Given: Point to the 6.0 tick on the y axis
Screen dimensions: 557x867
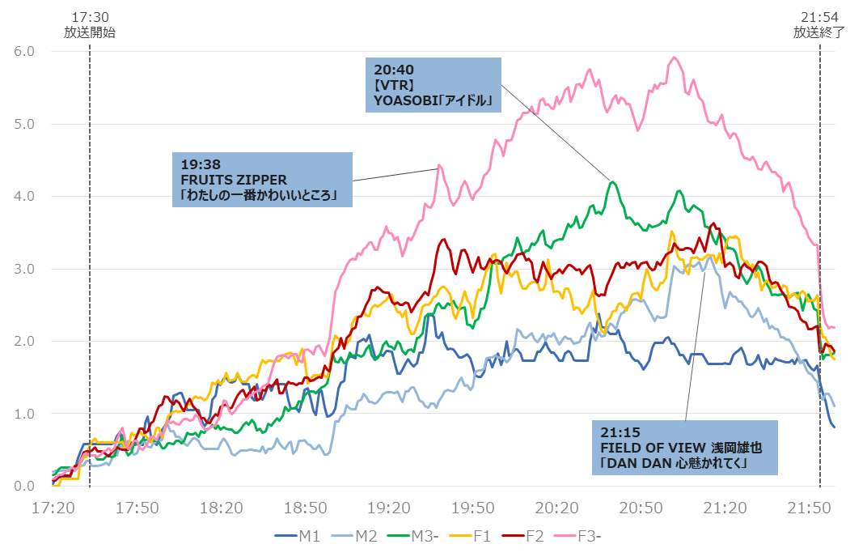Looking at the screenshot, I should [x=24, y=51].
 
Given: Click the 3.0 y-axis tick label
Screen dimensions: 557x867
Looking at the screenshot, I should [x=24, y=269].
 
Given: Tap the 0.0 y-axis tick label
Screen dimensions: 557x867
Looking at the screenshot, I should [x=24, y=486].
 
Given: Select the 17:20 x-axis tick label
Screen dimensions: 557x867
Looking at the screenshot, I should [x=53, y=508].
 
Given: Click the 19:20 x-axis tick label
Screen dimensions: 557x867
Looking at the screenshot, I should [x=387, y=508].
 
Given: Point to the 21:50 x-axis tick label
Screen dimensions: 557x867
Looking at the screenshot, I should [x=820, y=508].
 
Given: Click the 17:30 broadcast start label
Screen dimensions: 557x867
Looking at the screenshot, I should [x=90, y=24].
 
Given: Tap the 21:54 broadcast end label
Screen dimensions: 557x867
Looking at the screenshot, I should [x=818, y=24].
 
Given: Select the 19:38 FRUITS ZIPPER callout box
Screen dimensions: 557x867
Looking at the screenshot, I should [x=263, y=180].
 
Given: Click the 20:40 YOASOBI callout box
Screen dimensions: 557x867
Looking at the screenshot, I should [x=433, y=84].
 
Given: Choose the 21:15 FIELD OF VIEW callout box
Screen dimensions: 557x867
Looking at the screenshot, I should [x=684, y=447].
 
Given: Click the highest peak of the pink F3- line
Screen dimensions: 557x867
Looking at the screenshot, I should [x=674, y=57].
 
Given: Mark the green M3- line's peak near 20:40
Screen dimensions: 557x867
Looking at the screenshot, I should [x=613, y=182].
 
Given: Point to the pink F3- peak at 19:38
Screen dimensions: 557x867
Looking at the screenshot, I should [x=439, y=165].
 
